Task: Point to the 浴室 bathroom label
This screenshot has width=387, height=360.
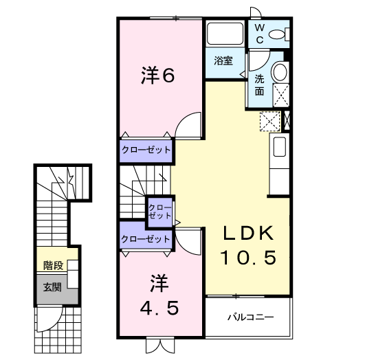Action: point(223,60)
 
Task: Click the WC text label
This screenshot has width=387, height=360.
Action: point(260,32)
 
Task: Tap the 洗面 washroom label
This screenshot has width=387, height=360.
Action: point(260,84)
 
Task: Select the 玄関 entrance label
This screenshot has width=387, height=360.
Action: point(52,286)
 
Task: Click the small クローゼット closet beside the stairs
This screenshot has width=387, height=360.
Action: point(160,211)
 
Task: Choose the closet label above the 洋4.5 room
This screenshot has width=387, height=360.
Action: point(146,239)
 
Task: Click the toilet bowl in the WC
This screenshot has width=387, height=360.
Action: point(278,34)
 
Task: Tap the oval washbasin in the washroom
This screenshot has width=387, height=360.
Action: point(280,73)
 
